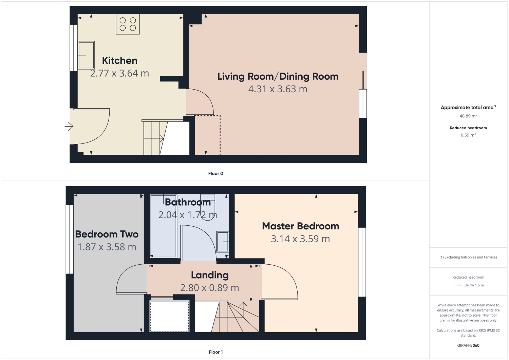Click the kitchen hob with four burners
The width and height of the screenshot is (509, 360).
point(128,24)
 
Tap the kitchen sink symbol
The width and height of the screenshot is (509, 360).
point(86,55)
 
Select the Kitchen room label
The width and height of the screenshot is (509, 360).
point(119,60)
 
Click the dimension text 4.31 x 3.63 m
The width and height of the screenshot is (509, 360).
point(278,89)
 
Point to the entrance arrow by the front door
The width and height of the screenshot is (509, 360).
point(69,127)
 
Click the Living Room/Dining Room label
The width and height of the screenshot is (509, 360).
point(278,76)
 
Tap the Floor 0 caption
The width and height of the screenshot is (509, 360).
point(215,173)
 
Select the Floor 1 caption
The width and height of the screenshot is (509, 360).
point(215,352)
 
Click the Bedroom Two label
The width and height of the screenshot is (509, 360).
point(107,234)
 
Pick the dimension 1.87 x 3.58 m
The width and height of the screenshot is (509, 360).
point(107,247)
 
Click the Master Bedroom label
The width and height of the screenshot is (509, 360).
point(300,226)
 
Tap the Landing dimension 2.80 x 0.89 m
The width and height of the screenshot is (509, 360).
point(209,288)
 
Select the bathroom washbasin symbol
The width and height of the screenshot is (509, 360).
point(223,242)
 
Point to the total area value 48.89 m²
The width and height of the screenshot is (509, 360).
point(468,116)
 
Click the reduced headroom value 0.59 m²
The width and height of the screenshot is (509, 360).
point(468,135)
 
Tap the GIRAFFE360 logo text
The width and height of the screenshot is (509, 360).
point(468,345)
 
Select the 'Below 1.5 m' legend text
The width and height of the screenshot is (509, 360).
point(474,285)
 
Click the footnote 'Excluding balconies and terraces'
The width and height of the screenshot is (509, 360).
point(468,257)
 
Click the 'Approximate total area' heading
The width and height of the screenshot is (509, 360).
point(467,108)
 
